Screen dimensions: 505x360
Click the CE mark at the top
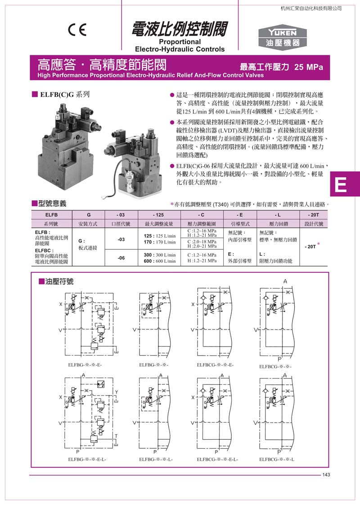point(77,30)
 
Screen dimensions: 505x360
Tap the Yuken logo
point(283,37)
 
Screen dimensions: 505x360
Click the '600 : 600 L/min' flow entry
point(160,261)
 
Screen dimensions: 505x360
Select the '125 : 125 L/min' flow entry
point(160,235)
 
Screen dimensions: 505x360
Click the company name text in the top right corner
point(311,8)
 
